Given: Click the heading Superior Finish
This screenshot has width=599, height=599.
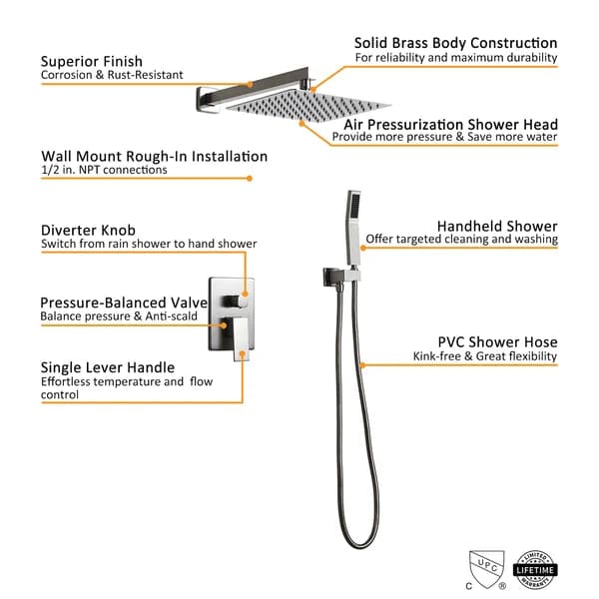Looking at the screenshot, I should click(x=92, y=61).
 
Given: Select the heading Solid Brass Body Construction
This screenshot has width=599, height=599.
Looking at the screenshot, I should click(x=455, y=43).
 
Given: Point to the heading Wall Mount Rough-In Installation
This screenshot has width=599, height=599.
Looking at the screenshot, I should click(x=154, y=157).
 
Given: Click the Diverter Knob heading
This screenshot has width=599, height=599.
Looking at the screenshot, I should click(x=88, y=229).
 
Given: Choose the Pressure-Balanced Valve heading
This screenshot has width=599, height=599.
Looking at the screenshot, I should click(x=124, y=301).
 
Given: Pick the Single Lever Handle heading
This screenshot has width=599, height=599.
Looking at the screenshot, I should click(x=108, y=367).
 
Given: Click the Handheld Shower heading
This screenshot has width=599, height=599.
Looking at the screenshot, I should click(x=497, y=227).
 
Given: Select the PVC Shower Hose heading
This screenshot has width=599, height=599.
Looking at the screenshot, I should click(x=497, y=342).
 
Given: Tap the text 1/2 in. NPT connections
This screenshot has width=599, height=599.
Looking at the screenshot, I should click(x=104, y=171).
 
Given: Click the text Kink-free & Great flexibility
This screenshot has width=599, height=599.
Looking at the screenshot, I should click(x=485, y=356).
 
